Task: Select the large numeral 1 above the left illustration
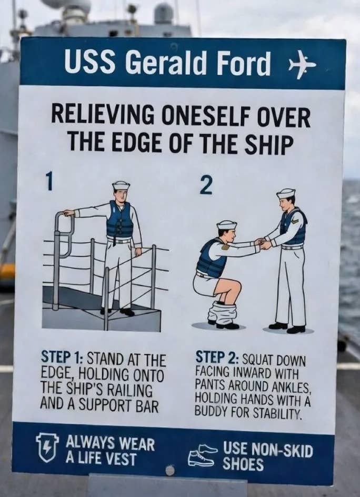48,181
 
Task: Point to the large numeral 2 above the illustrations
206,185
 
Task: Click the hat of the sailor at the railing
121,185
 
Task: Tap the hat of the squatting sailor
226,224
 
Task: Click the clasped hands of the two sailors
263,244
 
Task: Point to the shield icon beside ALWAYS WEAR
47,447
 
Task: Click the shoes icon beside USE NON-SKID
202,455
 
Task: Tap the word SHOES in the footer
243,464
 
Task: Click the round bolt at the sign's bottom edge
170,470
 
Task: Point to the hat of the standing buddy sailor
286,193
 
